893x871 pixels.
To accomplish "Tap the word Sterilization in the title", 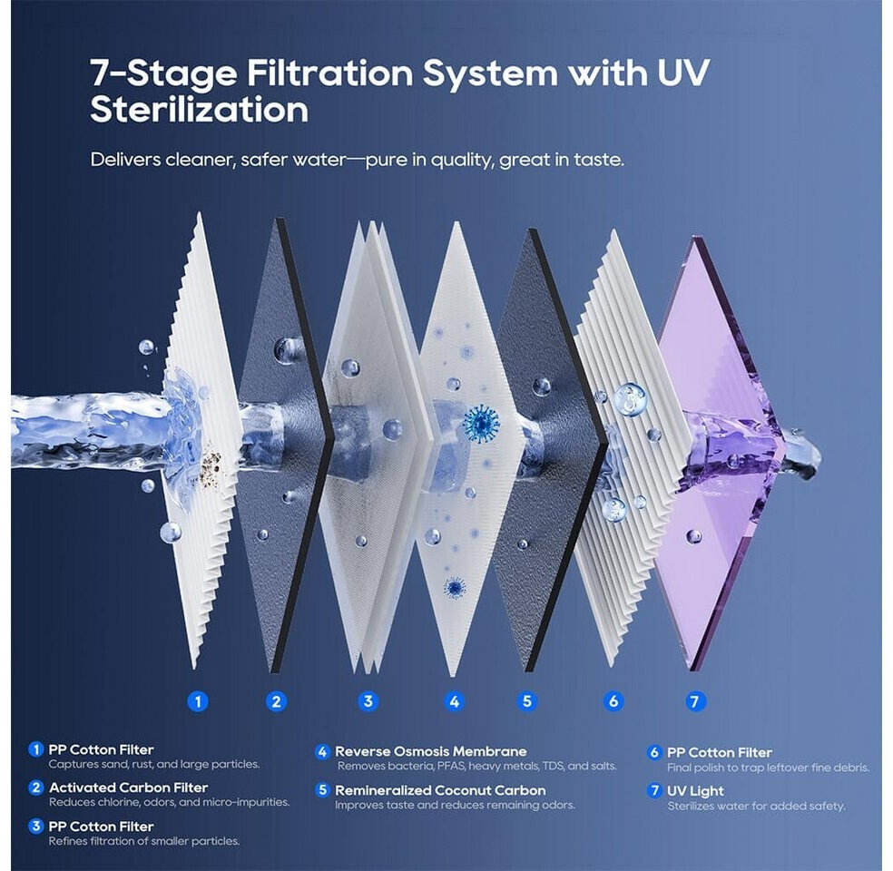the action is (x=200, y=109).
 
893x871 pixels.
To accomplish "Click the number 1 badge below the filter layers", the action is (x=198, y=701).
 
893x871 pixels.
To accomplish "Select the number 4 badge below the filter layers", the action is (x=454, y=701).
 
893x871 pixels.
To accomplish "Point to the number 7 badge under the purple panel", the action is (x=694, y=701).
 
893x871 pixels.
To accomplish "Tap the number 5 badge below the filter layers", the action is (x=526, y=701).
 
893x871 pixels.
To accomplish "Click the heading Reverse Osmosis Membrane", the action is (x=430, y=751).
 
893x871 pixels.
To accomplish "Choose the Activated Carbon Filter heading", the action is (x=128, y=788).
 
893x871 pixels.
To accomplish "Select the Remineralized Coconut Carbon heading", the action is (x=440, y=790).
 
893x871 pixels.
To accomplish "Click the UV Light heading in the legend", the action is (x=695, y=791).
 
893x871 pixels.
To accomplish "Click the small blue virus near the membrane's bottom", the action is (x=455, y=587).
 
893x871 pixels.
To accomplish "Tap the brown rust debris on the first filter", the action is (x=211, y=462).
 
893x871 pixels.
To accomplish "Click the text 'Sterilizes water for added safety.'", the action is (x=756, y=806).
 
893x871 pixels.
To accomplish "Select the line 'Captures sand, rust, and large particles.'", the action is (x=154, y=765).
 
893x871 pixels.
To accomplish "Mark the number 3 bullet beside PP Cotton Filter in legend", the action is (x=36, y=826).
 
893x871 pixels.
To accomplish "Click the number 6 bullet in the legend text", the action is (x=654, y=752).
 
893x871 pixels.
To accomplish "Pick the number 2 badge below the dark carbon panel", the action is (x=276, y=701).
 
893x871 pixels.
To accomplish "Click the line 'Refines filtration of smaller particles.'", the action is (x=144, y=841).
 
